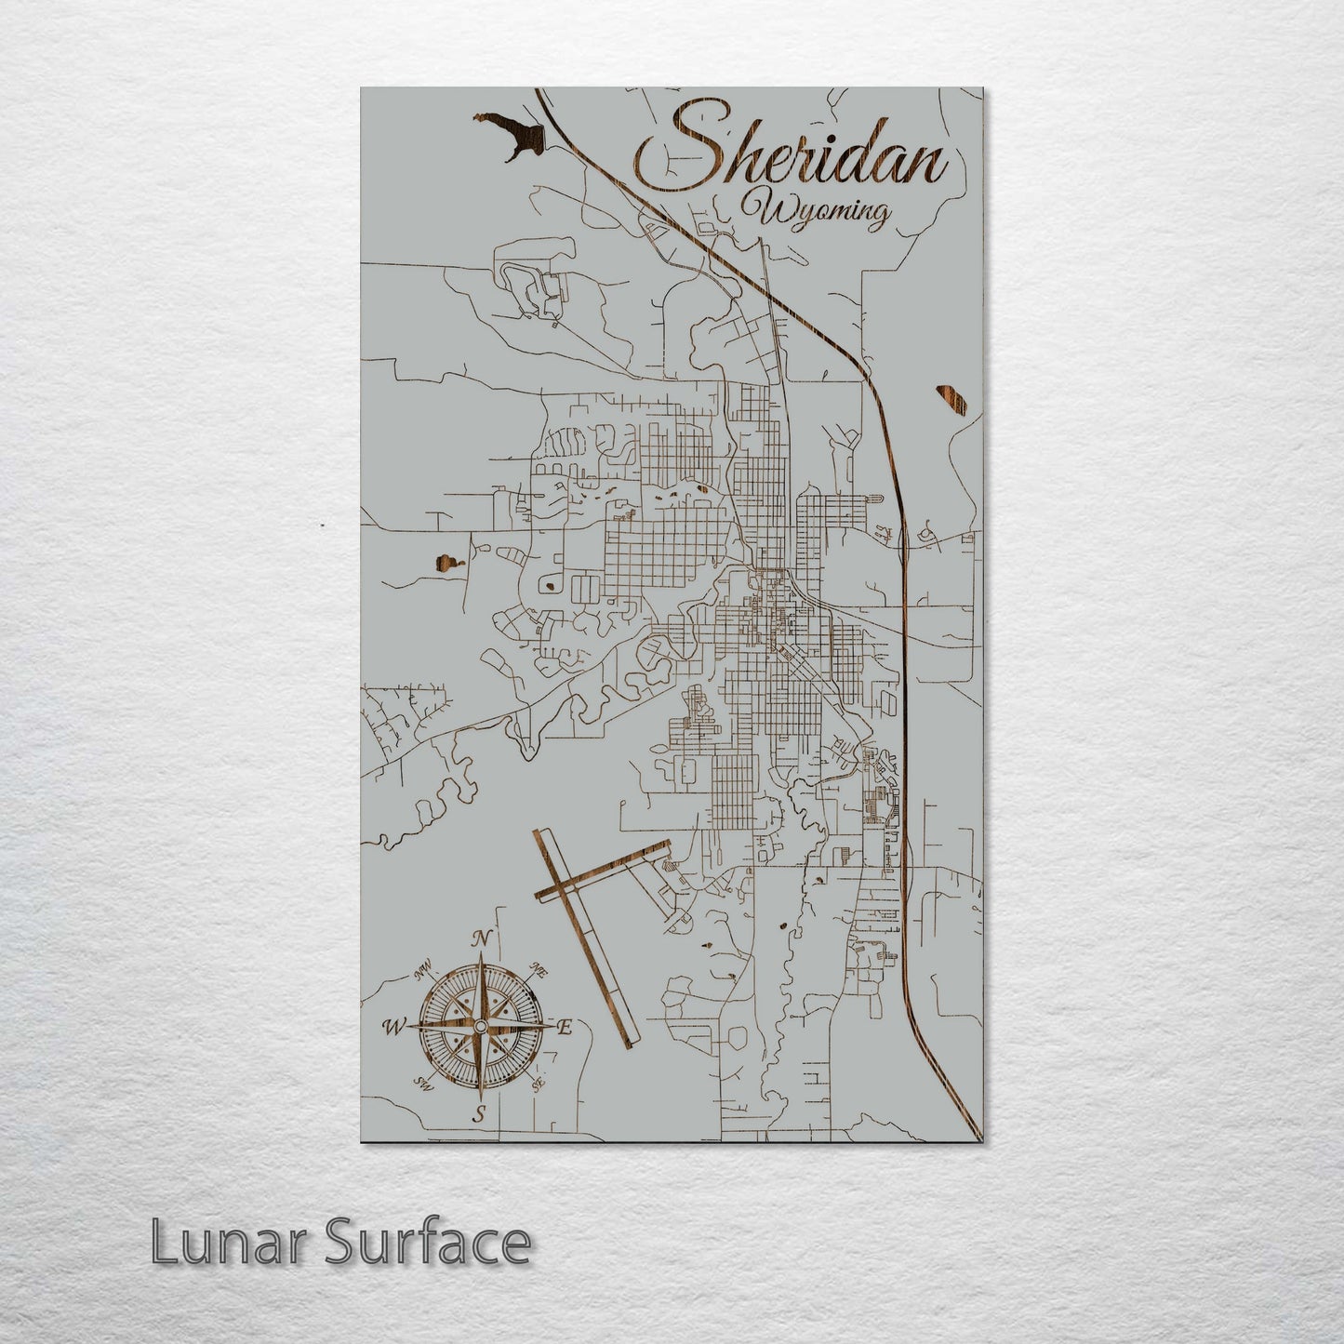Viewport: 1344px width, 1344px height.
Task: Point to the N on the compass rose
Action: (481, 939)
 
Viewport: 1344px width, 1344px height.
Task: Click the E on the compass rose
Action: (564, 1027)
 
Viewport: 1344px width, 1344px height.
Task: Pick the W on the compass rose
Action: (393, 1027)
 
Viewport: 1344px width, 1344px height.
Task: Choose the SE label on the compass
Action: (537, 1084)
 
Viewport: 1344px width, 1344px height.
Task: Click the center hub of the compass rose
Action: (480, 1025)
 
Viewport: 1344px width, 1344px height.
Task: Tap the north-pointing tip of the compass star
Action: (481, 958)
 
